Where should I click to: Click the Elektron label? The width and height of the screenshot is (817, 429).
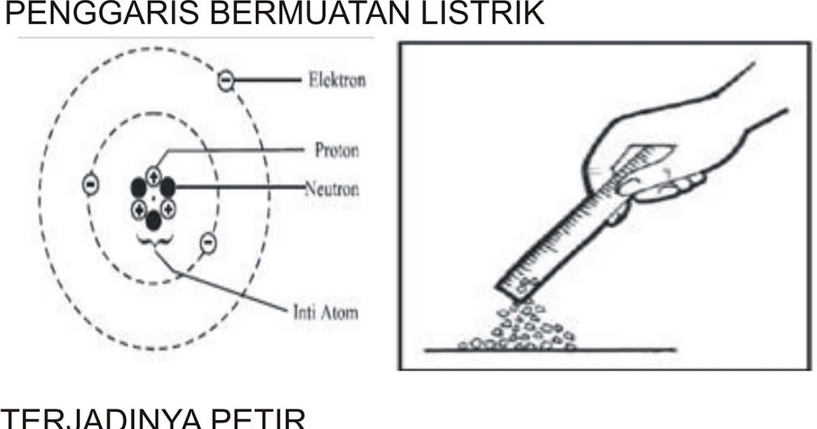click(336, 80)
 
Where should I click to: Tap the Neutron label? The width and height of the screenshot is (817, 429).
click(331, 189)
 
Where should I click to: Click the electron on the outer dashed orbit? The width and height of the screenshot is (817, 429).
click(226, 81)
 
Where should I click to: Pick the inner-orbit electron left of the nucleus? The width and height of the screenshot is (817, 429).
click(89, 185)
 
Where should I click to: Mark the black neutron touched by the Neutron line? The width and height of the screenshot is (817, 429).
click(167, 185)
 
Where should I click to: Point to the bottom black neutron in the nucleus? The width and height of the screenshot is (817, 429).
click(154, 219)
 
